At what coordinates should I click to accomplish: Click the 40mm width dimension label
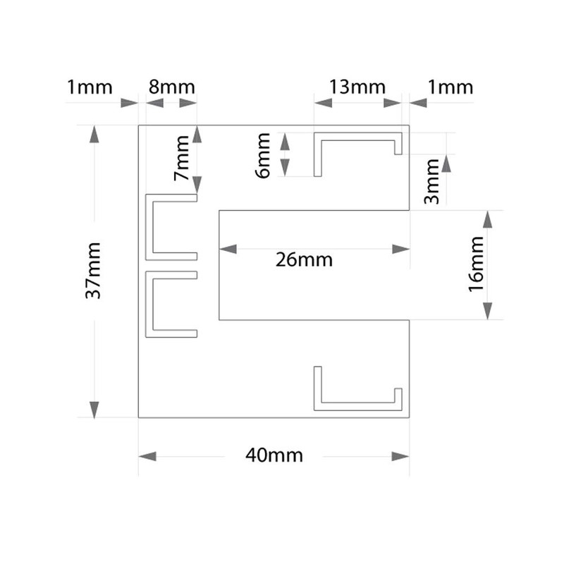(x=274, y=455)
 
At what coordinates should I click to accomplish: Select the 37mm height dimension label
(x=94, y=270)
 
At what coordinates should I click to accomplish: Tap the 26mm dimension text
(x=305, y=259)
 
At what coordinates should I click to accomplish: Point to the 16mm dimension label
(x=474, y=266)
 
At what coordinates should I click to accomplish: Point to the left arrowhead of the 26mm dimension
(x=228, y=248)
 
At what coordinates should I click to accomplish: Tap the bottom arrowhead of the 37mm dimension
(x=94, y=409)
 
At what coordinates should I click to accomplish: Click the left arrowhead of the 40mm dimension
(x=147, y=456)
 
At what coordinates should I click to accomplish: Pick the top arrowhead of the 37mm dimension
(x=94, y=134)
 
